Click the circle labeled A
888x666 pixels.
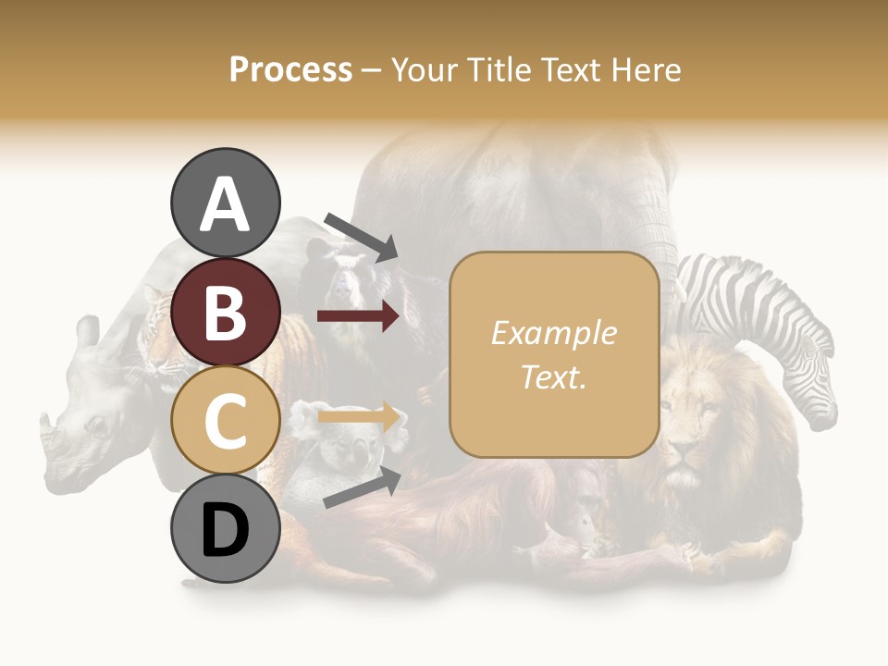pyautogui.click(x=225, y=203)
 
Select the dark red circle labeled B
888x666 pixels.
pyautogui.click(x=225, y=312)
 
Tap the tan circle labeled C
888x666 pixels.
pyautogui.click(x=225, y=420)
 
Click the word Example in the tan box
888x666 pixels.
pyautogui.click(x=553, y=333)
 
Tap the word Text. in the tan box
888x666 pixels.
pyautogui.click(x=553, y=376)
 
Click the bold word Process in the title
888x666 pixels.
pyautogui.click(x=290, y=69)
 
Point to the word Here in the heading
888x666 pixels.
pyautogui.click(x=647, y=69)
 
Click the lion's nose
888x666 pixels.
pyautogui.click(x=684, y=450)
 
